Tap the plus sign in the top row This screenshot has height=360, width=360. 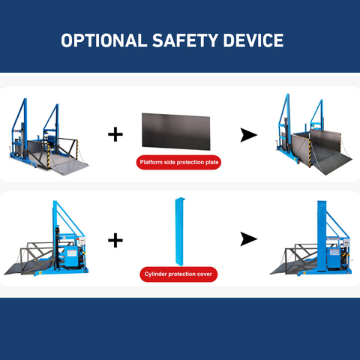pos(115,134)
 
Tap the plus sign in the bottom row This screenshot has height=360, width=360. pos(115,240)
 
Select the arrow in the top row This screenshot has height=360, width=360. pos(248,135)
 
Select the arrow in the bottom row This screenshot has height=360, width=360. pos(248,239)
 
